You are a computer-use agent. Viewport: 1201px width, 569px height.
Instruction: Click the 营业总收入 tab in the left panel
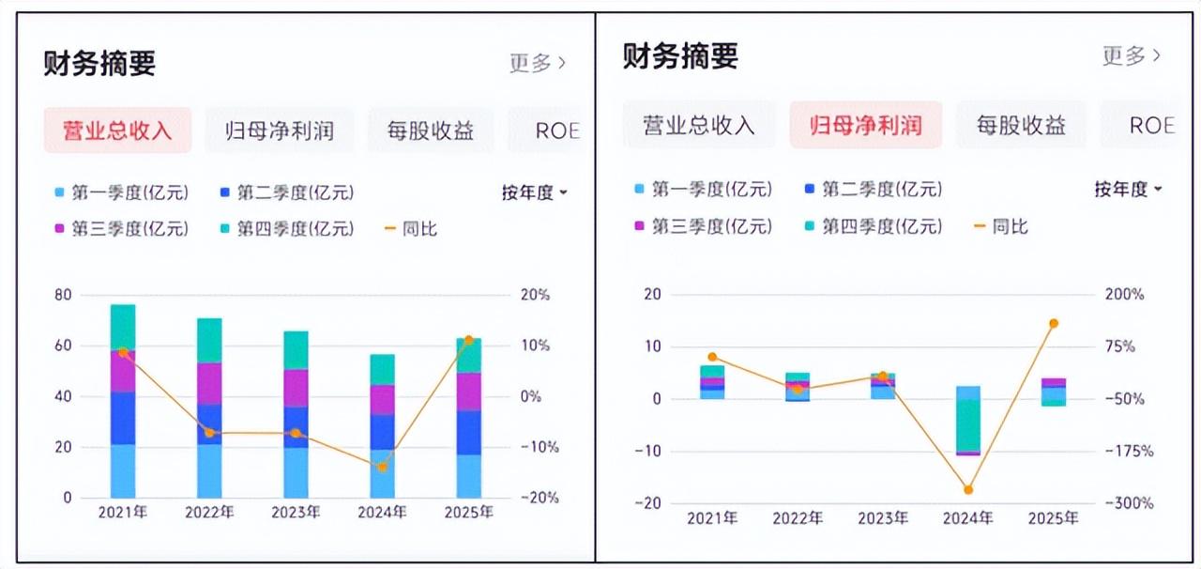click(117, 131)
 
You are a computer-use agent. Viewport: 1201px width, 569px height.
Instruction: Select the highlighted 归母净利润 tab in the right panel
click(865, 125)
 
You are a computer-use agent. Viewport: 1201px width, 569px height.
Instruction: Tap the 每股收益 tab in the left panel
click(431, 131)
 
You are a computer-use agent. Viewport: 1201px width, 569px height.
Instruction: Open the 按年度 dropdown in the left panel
click(534, 192)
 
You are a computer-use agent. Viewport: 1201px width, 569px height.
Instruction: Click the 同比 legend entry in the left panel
click(412, 229)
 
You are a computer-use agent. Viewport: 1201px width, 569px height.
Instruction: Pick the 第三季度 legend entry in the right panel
click(704, 226)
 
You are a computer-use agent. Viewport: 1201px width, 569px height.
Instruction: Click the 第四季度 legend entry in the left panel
click(287, 229)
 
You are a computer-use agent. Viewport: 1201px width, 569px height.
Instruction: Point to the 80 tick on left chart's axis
click(63, 295)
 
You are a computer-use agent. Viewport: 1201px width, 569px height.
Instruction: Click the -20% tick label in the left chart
click(540, 498)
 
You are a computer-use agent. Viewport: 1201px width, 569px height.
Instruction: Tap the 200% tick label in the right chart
click(1124, 294)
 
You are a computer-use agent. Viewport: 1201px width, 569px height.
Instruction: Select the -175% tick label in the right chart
click(1129, 451)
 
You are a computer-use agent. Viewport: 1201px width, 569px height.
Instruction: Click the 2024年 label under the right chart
click(967, 518)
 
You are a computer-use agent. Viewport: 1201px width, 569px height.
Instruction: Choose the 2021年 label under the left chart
click(123, 512)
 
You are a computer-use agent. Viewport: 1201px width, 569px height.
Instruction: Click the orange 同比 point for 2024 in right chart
click(968, 489)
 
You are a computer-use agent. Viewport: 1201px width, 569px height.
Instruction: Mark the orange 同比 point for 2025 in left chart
click(468, 340)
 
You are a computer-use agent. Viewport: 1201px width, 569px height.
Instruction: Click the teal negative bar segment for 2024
click(968, 425)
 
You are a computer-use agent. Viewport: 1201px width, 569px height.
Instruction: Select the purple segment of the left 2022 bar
click(209, 384)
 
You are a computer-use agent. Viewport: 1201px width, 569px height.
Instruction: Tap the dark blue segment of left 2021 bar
click(123, 418)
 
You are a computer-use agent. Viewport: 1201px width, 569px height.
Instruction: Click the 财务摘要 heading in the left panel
click(99, 63)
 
